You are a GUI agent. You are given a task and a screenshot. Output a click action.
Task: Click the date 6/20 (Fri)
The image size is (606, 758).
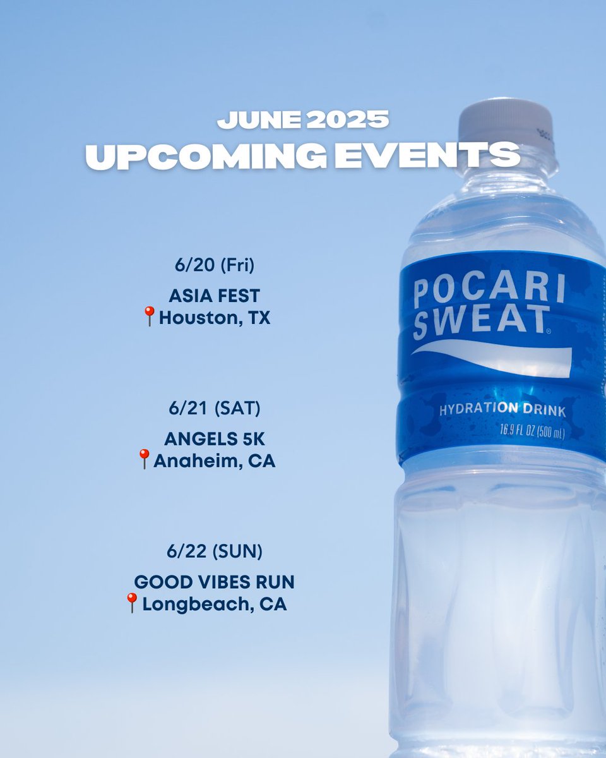click(215, 266)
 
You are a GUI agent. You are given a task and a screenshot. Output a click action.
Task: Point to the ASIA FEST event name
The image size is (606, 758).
click(214, 296)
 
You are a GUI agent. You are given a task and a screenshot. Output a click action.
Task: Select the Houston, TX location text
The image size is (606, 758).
click(215, 318)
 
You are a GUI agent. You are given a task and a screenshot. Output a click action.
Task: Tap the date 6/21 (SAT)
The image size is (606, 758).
click(211, 409)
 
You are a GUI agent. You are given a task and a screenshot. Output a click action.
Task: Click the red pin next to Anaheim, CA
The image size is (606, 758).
click(145, 459)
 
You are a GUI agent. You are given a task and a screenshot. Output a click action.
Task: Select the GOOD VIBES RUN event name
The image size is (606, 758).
click(215, 582)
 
